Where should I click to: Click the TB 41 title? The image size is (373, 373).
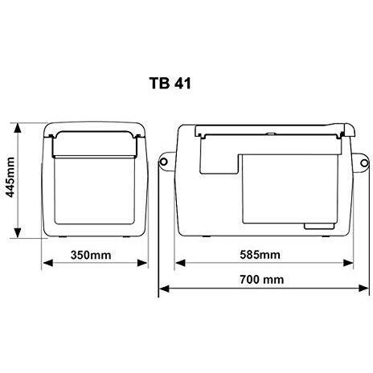point(170,84)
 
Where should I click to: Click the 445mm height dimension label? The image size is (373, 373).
point(10,178)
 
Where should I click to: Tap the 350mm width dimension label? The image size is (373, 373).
point(91,255)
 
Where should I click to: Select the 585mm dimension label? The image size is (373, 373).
point(260,255)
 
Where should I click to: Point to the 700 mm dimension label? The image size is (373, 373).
point(262,280)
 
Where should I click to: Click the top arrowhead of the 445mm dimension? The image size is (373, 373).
point(18,128)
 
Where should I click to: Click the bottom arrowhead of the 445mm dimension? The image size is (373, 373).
point(18,232)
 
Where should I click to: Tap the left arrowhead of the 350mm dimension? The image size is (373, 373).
point(48,263)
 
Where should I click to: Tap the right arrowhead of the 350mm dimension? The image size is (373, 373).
point(142,263)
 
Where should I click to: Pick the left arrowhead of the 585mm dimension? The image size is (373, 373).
point(180,263)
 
